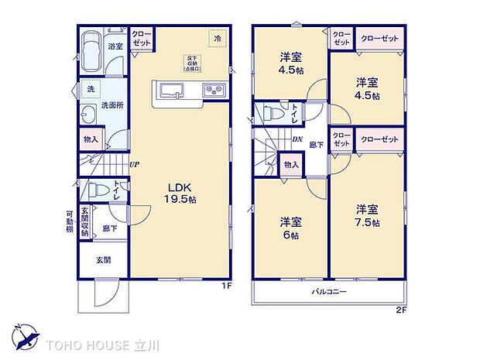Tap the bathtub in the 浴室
[91, 52]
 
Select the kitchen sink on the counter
[170, 90]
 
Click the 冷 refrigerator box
[218, 37]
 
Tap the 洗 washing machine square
[91, 89]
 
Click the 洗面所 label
[112, 106]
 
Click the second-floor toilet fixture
[272, 114]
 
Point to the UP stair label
[135, 164]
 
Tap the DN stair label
[297, 139]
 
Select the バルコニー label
[329, 292]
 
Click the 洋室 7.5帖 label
[367, 215]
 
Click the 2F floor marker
[402, 310]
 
